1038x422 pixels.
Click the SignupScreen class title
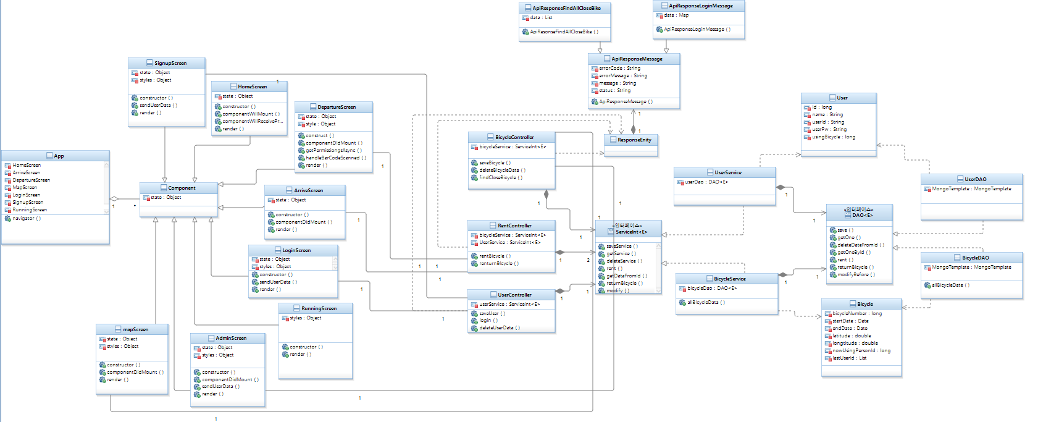click(x=170, y=63)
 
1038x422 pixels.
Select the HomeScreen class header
click(x=252, y=87)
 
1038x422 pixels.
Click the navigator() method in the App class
click(x=27, y=218)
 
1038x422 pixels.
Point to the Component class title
click(x=182, y=188)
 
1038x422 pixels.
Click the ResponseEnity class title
click(x=634, y=140)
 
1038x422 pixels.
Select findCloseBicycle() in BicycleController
click(x=501, y=177)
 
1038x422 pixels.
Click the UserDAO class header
click(x=975, y=179)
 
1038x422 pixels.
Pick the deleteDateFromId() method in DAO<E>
click(x=861, y=245)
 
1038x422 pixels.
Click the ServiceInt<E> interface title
click(x=631, y=232)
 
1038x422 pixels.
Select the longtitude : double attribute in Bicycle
click(x=855, y=343)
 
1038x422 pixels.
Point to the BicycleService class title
click(x=729, y=279)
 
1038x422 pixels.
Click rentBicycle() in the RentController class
click(x=495, y=256)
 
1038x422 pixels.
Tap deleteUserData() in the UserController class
click(x=500, y=327)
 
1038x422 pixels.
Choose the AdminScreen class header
click(x=231, y=338)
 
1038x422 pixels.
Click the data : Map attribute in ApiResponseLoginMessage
click(x=676, y=15)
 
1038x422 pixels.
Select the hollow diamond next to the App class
click(x=114, y=199)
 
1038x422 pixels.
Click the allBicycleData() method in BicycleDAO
click(x=950, y=285)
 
